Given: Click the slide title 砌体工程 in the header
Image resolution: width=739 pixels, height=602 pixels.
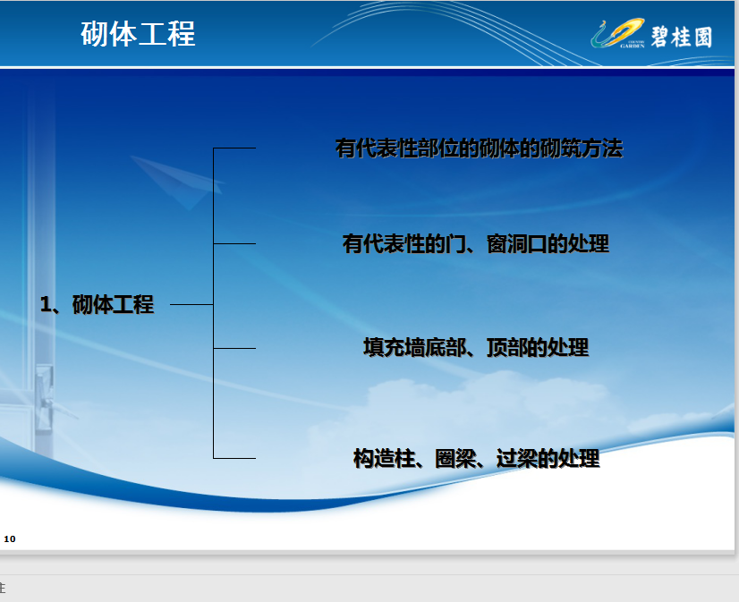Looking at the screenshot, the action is coord(138,34).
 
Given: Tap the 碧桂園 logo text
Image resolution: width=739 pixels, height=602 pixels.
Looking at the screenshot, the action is coord(681,37).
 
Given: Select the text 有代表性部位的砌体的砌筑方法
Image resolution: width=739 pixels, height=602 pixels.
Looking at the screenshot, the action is coord(479,148).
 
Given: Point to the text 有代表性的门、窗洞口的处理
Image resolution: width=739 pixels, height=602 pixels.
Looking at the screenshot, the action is coord(476,244).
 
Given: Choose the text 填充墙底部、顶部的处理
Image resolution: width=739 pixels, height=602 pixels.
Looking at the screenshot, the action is coord(476,348).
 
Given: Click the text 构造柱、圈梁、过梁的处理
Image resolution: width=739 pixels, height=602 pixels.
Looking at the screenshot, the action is coord(477,458).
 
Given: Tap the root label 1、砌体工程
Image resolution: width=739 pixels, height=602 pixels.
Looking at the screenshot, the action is coord(98,304).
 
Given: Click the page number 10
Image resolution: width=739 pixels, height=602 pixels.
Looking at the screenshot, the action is coord(10,538).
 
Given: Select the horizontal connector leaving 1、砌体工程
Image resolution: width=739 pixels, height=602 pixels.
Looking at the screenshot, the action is coord(191,304).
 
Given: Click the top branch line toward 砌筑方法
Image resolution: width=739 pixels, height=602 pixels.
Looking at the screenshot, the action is coord(234,148).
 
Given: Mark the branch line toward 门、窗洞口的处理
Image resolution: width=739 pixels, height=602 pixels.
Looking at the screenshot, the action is coord(234,243).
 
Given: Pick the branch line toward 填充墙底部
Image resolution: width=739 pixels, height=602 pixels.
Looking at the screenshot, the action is coord(234,348).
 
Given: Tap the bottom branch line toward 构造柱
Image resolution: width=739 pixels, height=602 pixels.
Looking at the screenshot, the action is coord(234,458).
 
